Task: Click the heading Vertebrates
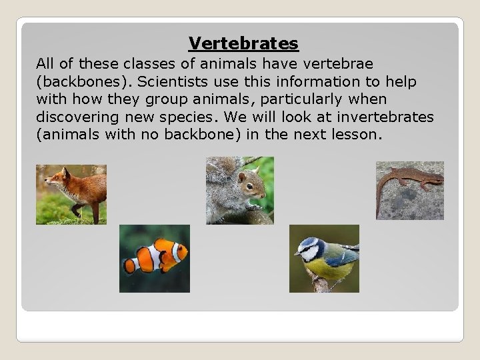tap(243, 43)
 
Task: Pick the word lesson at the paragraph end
tap(359, 135)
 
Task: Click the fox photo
tap(71, 194)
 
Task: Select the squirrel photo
tap(239, 190)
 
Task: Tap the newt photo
tap(409, 190)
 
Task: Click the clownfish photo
tap(154, 259)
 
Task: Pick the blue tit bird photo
tap(324, 259)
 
